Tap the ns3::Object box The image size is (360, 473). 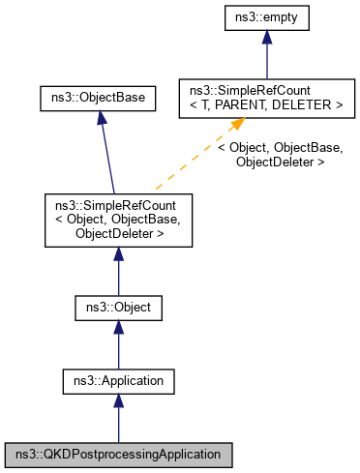(x=117, y=309)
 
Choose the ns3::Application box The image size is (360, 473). (x=117, y=381)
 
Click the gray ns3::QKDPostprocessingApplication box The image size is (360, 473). (x=117, y=453)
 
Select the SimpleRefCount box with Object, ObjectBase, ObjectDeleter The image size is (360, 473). (x=117, y=220)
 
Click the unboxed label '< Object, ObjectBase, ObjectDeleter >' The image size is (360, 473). (x=280, y=155)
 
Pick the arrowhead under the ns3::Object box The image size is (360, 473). (x=117, y=328)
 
